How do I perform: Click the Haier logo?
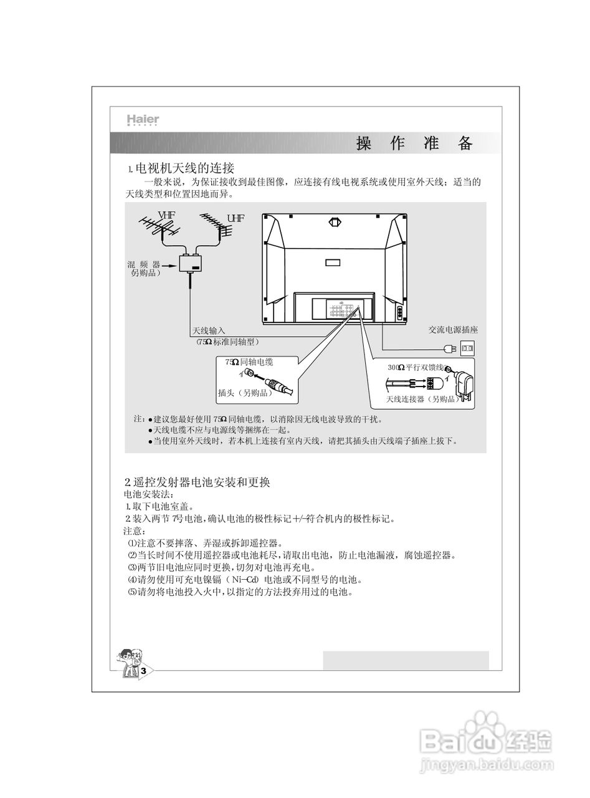[x=143, y=120]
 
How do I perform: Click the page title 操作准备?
[x=414, y=144]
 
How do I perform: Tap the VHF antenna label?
[x=166, y=216]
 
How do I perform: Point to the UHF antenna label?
[x=236, y=218]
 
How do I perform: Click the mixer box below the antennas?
[x=191, y=264]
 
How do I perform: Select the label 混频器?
[x=144, y=265]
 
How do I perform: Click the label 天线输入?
[x=208, y=330]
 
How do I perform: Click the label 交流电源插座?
[x=453, y=330]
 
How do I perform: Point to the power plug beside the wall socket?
[x=449, y=348]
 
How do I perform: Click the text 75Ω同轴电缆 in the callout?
[x=249, y=362]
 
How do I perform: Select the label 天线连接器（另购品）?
[x=422, y=399]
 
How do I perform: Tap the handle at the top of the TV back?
[x=335, y=221]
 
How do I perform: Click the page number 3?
[x=143, y=671]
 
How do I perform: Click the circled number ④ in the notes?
[x=131, y=579]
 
